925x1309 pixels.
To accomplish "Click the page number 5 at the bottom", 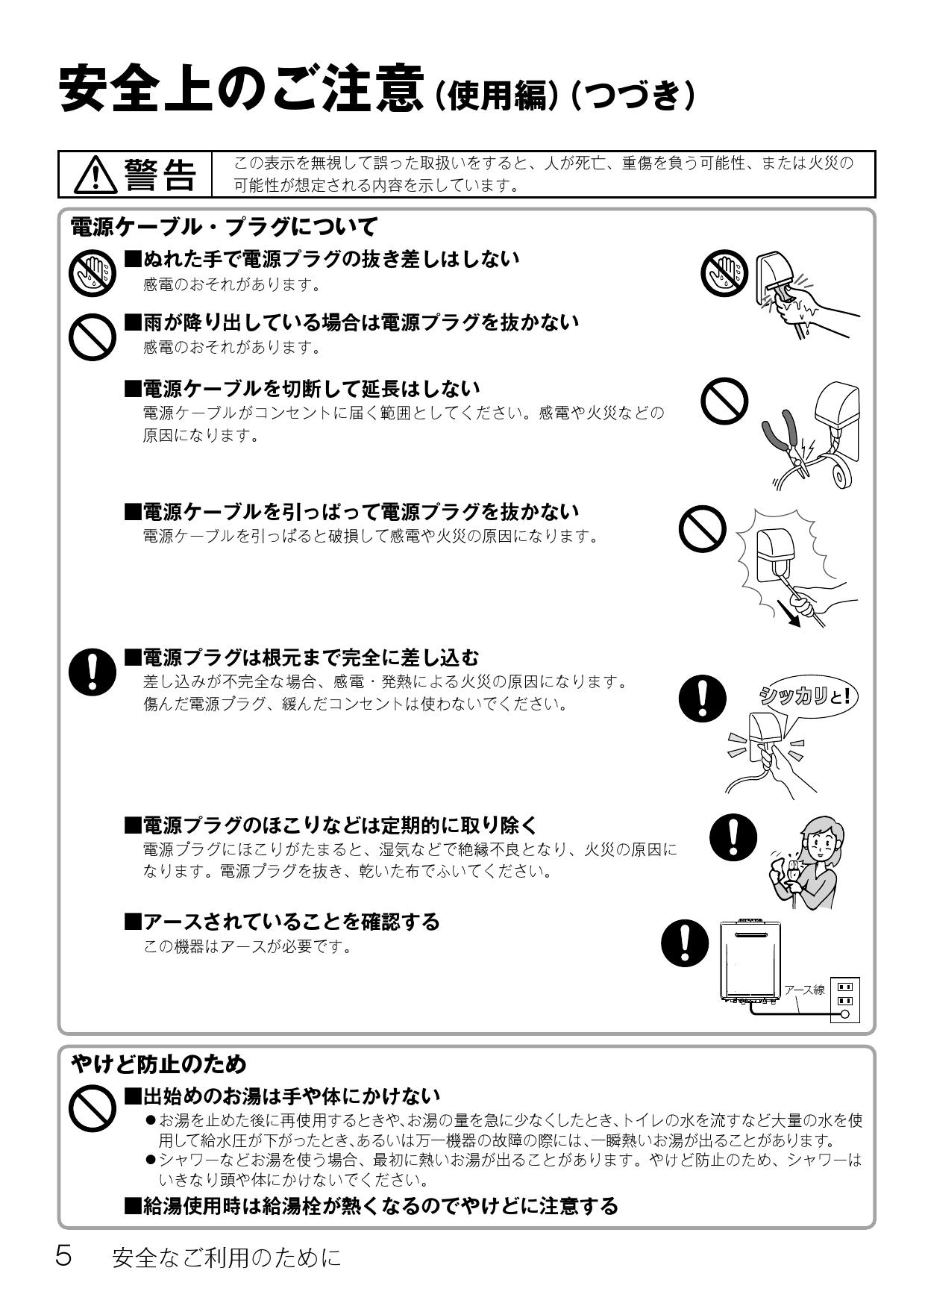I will point(64,1257).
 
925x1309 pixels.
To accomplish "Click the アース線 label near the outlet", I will point(804,990).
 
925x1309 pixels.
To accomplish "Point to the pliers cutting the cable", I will point(783,445).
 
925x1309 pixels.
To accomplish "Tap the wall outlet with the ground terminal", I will point(844,999).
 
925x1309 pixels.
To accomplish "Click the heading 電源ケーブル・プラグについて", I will point(224,226).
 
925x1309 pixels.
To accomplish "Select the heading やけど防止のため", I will point(158,1063).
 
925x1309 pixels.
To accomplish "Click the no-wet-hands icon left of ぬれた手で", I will point(92,272).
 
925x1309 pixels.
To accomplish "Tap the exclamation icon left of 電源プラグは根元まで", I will point(92,670).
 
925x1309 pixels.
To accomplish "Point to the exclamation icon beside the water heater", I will point(685,942).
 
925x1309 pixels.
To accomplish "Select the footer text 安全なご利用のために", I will point(226,1258).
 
